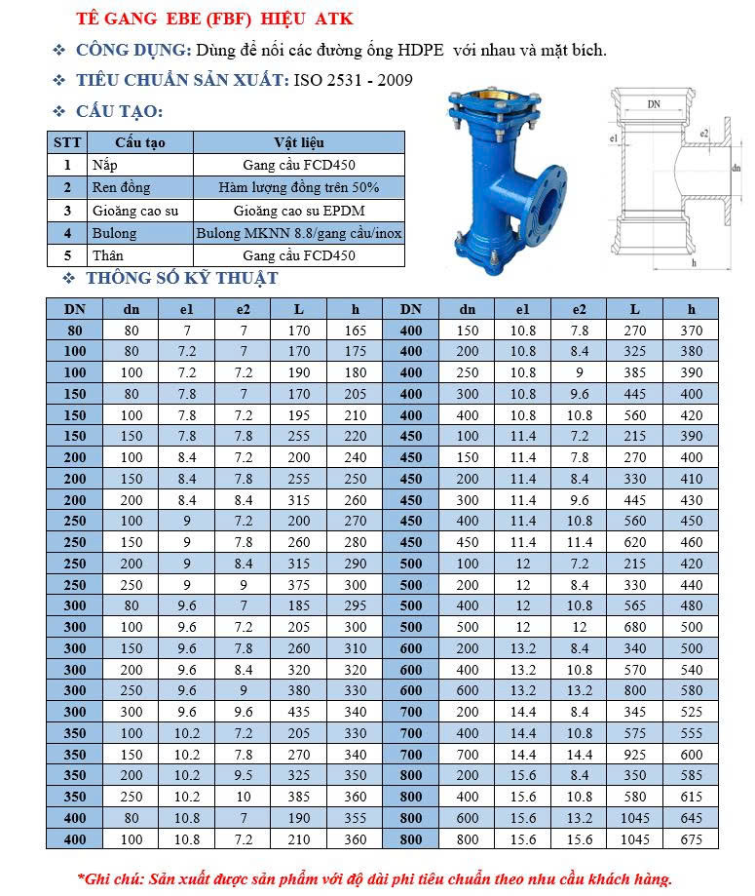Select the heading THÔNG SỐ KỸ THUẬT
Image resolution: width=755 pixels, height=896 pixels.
(x=182, y=279)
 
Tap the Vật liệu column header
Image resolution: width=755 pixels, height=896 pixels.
(x=299, y=142)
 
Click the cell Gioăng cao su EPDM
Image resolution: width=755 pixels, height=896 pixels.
(x=299, y=210)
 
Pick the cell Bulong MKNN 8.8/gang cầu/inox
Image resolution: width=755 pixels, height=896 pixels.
(x=299, y=233)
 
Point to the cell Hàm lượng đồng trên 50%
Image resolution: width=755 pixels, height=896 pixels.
(x=299, y=187)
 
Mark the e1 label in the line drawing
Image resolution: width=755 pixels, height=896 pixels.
(x=614, y=140)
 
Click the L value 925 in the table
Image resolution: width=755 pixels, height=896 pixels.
(x=635, y=755)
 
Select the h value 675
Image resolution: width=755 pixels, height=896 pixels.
(x=691, y=838)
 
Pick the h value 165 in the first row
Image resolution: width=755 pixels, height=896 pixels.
(x=356, y=331)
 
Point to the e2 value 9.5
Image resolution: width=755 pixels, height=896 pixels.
(x=244, y=775)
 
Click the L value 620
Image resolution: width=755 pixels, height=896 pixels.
(x=635, y=542)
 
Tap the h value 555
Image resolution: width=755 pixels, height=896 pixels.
(x=691, y=733)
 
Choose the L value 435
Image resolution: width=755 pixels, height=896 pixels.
(x=299, y=712)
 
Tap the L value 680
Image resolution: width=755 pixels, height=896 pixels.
(x=635, y=627)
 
